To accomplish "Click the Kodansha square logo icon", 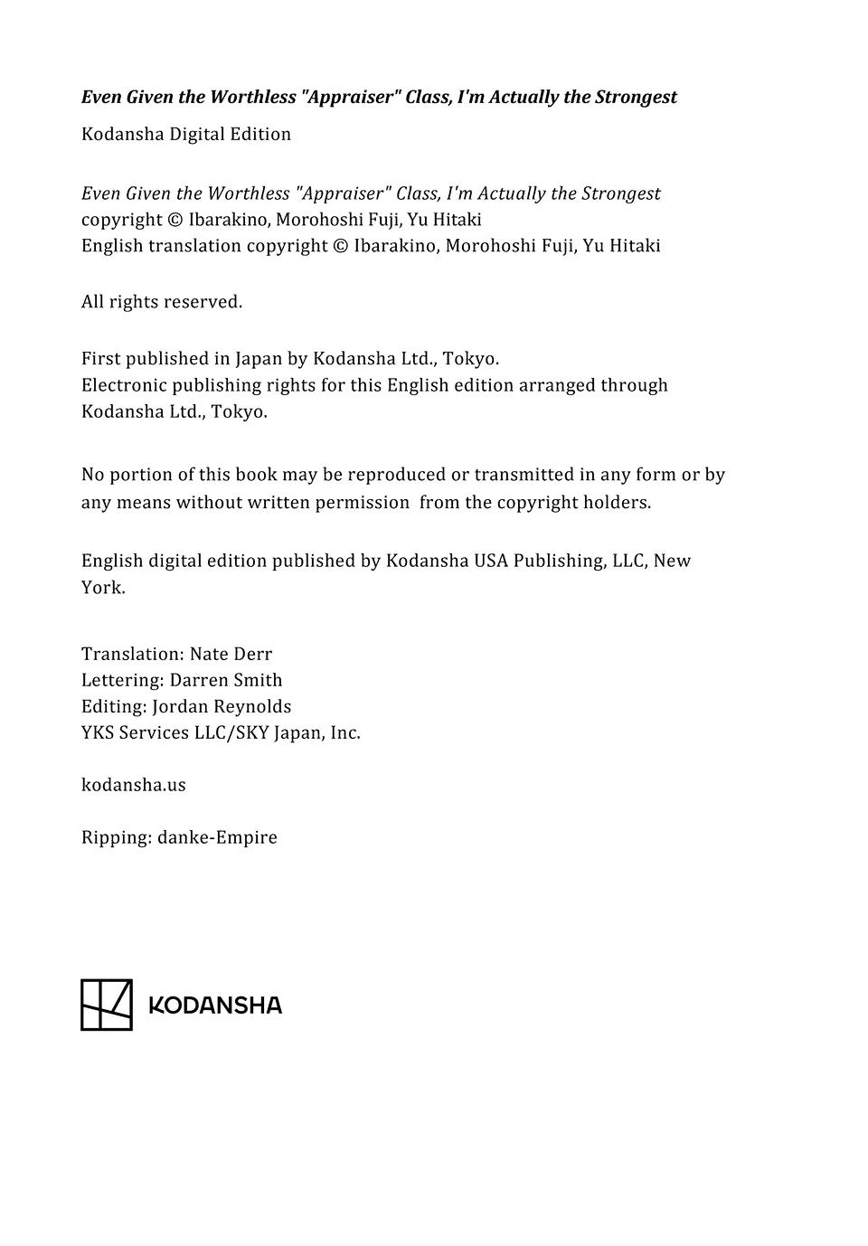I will (107, 1005).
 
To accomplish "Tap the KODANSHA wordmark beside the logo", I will (215, 1005).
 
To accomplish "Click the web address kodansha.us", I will (134, 785).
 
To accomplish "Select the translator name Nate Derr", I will (231, 654).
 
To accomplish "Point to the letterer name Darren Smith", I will (226, 680).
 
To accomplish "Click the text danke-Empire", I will (217, 837).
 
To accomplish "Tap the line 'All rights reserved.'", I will (162, 302).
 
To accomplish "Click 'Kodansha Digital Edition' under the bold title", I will (186, 135).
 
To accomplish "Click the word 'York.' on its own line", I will (103, 588).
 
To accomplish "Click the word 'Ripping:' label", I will (117, 837).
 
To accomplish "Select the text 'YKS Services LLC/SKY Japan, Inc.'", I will (221, 732).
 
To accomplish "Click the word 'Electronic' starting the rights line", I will (124, 385).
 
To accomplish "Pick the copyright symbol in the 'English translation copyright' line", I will (340, 246).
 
